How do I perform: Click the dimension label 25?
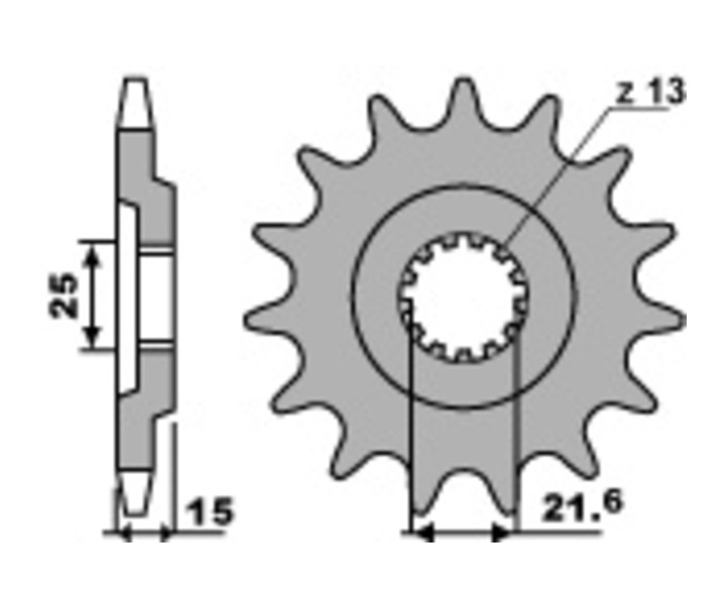pyautogui.click(x=64, y=296)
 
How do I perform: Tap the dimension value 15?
pyautogui.click(x=209, y=512)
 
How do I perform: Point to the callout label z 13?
pyautogui.click(x=649, y=92)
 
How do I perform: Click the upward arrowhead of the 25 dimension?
pyautogui.click(x=93, y=255)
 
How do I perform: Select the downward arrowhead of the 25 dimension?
pyautogui.click(x=93, y=337)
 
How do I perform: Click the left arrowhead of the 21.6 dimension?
pyautogui.click(x=422, y=534)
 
